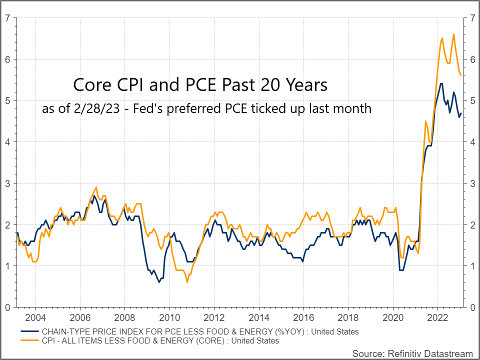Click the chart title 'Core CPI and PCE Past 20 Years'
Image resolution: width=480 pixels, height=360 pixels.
click(200, 84)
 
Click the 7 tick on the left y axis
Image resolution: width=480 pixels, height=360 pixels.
click(7, 18)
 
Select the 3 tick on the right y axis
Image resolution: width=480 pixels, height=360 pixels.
click(472, 183)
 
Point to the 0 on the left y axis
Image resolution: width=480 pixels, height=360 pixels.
click(7, 307)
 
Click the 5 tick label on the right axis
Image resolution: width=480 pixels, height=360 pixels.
click(472, 101)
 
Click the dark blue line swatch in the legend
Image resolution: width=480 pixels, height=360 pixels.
click(30, 331)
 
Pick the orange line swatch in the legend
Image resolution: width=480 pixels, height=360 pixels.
click(30, 340)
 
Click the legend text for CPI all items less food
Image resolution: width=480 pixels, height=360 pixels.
click(160, 340)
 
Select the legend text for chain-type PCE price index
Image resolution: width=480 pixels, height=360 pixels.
click(200, 331)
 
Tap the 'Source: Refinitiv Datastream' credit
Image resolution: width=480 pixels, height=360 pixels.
click(412, 353)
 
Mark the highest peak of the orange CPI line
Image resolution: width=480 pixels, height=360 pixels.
click(453, 34)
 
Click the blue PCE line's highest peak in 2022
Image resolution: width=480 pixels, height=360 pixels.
click(440, 83)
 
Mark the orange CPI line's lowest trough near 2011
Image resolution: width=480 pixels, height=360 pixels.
click(187, 282)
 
